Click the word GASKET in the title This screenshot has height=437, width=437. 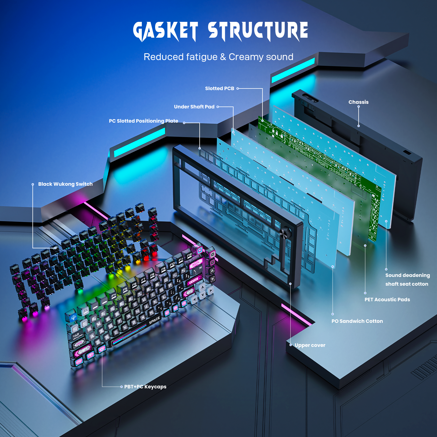pyautogui.click(x=166, y=31)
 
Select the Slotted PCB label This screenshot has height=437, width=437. pyautogui.click(x=220, y=88)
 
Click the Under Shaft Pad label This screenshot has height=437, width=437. pyautogui.click(x=194, y=107)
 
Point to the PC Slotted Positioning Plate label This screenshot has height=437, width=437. pyautogui.click(x=143, y=121)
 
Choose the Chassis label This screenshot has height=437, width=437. pyautogui.click(x=358, y=102)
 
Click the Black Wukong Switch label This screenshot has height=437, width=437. pyautogui.click(x=65, y=184)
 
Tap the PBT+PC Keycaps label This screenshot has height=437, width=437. pyautogui.click(x=145, y=387)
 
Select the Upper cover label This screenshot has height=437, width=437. pyautogui.click(x=310, y=345)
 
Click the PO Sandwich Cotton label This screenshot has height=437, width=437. pyautogui.click(x=357, y=321)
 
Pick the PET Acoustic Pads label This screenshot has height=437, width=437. pyautogui.click(x=387, y=300)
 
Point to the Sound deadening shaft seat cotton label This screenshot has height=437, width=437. pyautogui.click(x=408, y=280)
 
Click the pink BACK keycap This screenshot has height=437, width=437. pyautogui.click(x=196, y=264)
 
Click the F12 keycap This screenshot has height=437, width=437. pyautogui.click(x=189, y=255)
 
